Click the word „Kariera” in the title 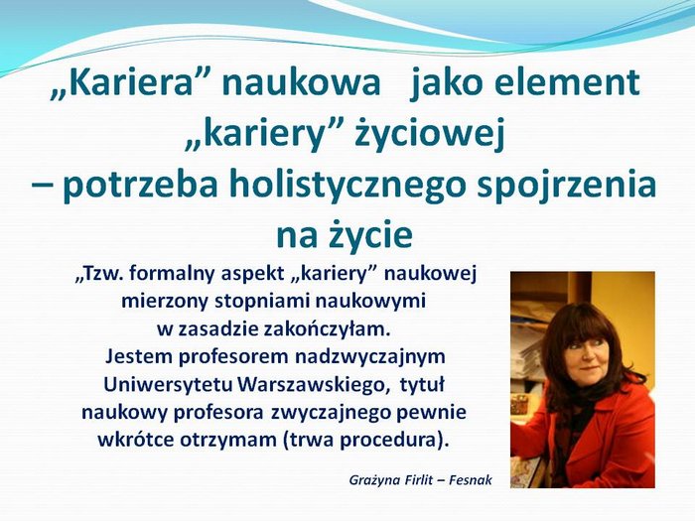[x=121, y=83]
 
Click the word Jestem [x=139, y=357]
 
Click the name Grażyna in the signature [x=370, y=480]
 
